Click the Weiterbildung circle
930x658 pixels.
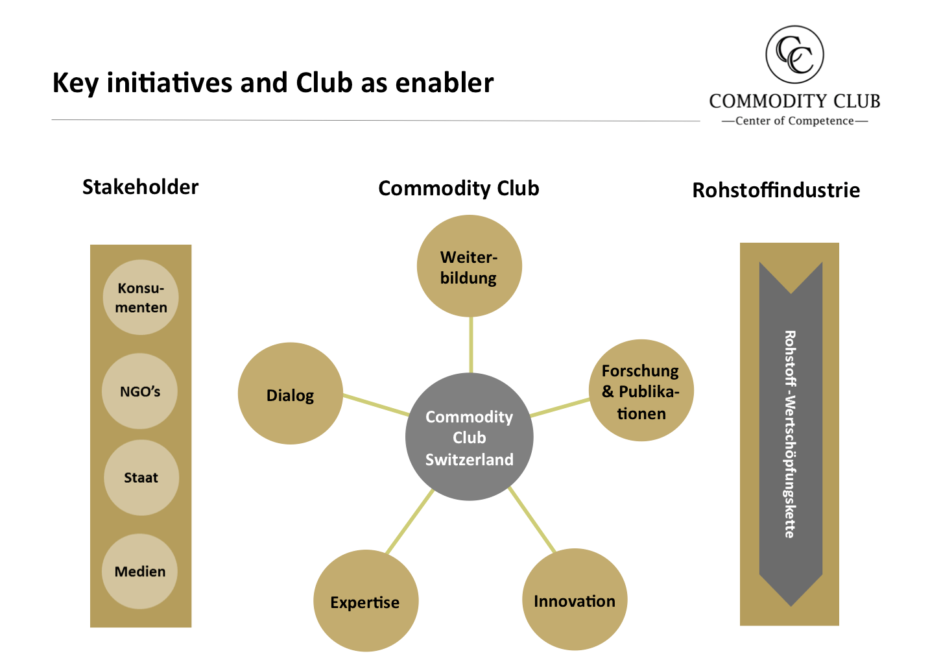point(469,266)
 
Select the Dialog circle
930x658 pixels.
point(290,394)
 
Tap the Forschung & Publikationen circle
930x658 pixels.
point(641,391)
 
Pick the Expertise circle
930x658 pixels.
point(365,601)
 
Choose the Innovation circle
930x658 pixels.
point(575,600)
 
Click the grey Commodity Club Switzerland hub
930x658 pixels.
point(469,437)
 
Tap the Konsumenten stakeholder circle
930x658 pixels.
point(141,297)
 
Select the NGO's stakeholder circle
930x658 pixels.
point(140,391)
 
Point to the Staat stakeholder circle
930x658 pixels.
point(141,478)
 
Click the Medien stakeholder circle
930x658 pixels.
point(140,571)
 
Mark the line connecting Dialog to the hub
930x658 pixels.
point(375,404)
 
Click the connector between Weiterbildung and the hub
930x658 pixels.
point(471,345)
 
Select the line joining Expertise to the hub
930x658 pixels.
point(410,521)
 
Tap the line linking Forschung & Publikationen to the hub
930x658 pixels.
point(560,408)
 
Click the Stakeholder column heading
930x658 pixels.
point(140,187)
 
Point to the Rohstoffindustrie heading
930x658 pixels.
point(776,190)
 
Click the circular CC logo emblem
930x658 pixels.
point(794,55)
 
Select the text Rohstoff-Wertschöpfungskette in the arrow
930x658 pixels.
point(790,434)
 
